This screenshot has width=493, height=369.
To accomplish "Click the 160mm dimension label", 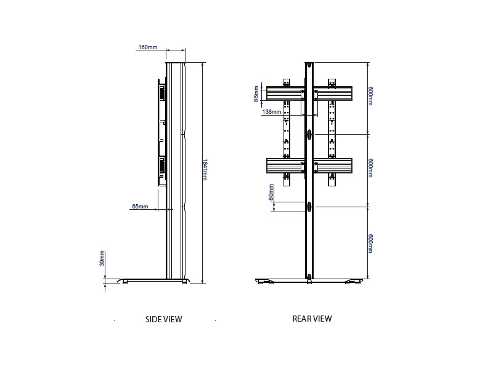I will click(147, 47).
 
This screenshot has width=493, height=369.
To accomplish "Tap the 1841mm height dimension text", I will click(205, 170).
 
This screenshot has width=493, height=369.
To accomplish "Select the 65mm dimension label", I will click(140, 207).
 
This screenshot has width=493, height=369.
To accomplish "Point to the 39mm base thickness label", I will click(102, 258).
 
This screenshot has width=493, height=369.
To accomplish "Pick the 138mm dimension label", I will click(271, 112).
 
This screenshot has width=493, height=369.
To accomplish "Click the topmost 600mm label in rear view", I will click(370, 97).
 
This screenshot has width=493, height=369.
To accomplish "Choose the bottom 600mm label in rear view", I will click(370, 243).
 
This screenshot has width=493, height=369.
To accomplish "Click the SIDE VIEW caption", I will click(163, 319).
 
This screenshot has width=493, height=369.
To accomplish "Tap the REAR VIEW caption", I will click(312, 319).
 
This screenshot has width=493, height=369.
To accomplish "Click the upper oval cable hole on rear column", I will click(309, 134).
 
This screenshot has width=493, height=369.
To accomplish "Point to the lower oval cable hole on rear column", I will click(309, 207).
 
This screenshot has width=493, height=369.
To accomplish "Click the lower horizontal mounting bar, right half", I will click(333, 166).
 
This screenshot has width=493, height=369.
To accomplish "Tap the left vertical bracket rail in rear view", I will click(286, 132).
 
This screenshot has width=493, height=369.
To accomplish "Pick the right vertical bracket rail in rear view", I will click(332, 132).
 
